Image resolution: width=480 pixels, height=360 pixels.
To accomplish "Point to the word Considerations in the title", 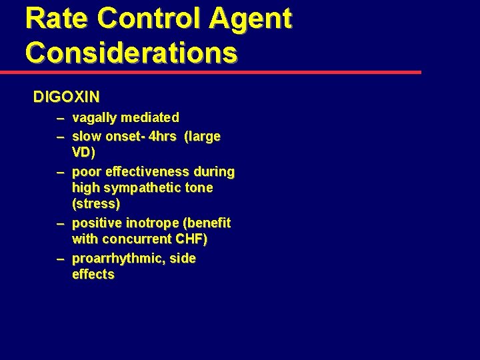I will [x=131, y=51].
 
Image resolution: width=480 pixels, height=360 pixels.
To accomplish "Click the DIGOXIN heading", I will [x=67, y=97].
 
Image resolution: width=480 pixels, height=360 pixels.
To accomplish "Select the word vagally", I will [x=93, y=118].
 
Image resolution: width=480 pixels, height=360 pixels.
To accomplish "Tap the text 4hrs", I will [x=163, y=137].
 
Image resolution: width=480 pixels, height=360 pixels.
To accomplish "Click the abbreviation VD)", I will [x=84, y=152].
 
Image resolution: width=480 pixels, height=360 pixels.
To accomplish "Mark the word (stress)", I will [x=96, y=203].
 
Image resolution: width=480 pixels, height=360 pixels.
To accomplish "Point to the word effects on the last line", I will [x=93, y=274].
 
